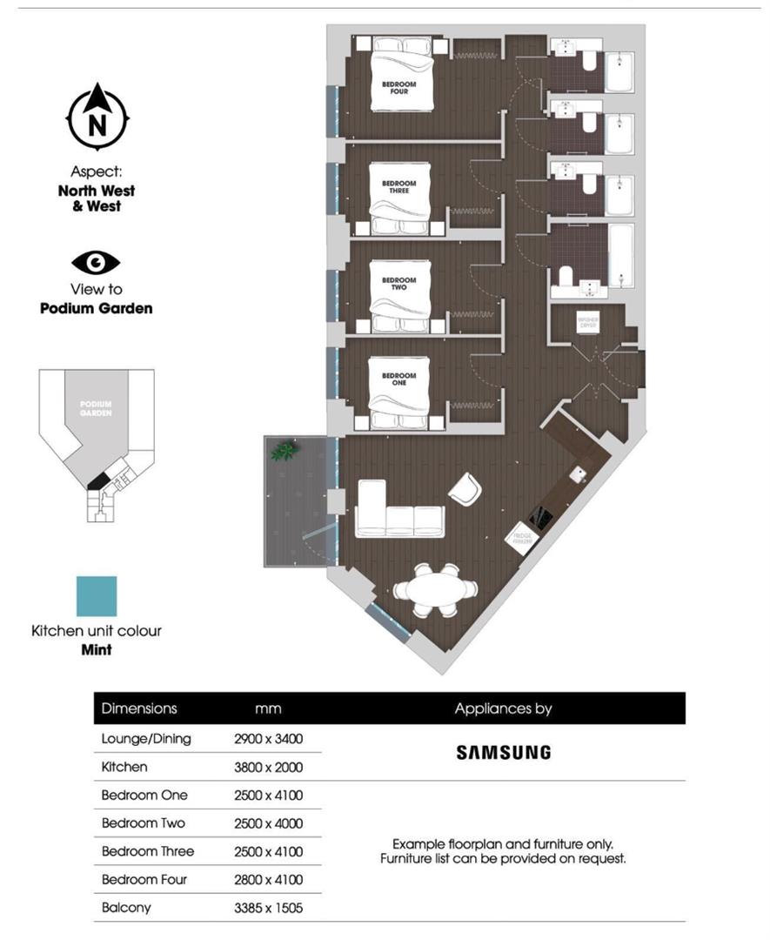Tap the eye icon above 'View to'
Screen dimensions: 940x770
click(96, 262)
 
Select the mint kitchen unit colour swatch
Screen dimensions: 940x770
click(96, 596)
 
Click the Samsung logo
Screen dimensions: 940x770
click(503, 752)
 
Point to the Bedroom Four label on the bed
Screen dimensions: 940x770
click(399, 87)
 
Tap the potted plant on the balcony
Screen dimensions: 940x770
click(284, 451)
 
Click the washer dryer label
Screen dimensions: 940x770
click(589, 321)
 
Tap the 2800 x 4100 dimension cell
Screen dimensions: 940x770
click(268, 879)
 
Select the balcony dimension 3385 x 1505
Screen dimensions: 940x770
click(268, 908)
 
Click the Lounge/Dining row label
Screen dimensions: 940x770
click(146, 739)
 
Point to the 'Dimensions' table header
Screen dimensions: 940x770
click(139, 708)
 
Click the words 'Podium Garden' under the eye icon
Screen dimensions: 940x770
click(96, 308)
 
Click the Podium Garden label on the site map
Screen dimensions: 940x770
click(96, 408)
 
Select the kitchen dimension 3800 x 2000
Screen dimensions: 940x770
click(268, 767)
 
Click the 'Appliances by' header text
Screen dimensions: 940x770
click(503, 708)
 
